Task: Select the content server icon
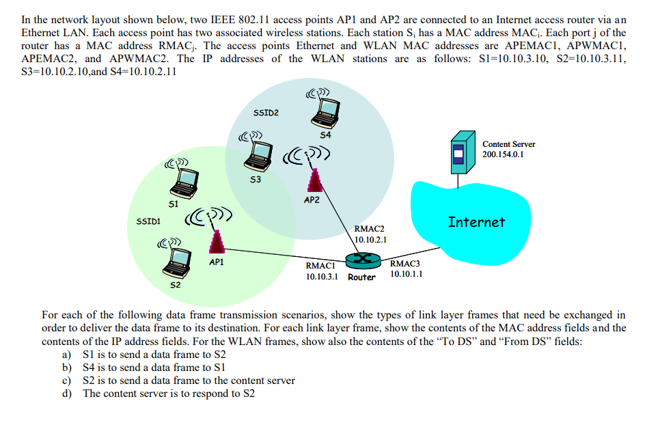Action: point(457,154)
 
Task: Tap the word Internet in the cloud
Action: point(476,221)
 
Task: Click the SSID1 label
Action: point(148,221)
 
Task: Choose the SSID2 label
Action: point(266,112)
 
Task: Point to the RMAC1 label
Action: point(320,266)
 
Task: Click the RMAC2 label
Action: point(370,229)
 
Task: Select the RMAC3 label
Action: point(405,263)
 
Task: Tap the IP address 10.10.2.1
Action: point(371,240)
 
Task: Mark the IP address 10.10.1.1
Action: point(406,274)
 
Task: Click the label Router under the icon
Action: point(361,277)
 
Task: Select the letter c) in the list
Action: point(66,381)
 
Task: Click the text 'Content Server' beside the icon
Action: point(508,144)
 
